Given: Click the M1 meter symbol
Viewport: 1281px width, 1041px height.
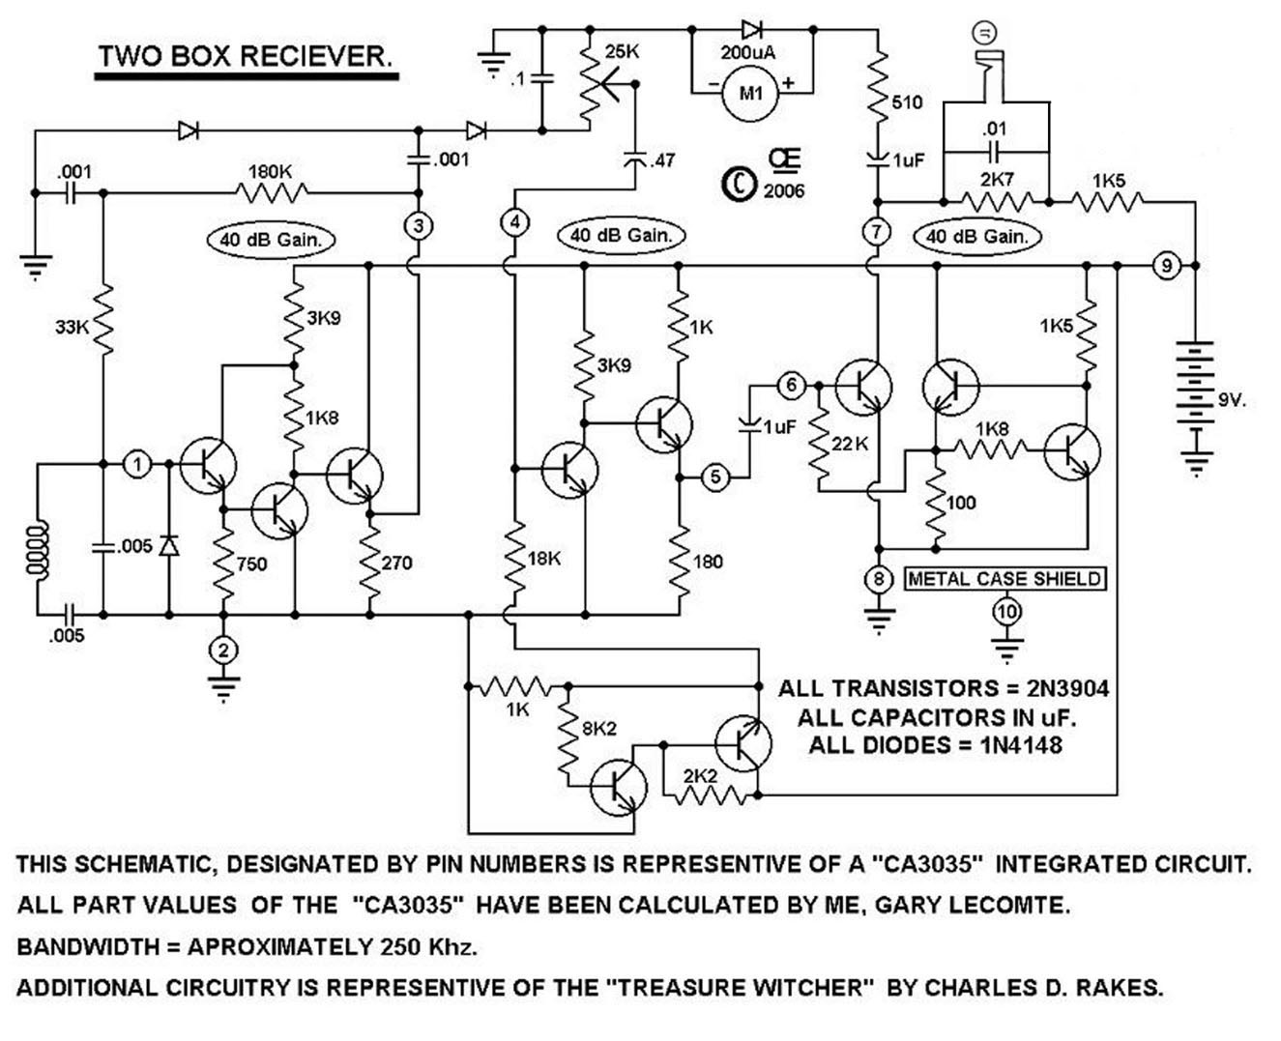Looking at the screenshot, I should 751,94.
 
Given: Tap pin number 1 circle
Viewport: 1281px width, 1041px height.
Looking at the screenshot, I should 137,465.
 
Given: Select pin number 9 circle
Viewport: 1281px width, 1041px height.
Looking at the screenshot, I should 1167,264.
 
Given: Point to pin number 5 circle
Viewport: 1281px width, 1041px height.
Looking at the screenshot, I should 715,477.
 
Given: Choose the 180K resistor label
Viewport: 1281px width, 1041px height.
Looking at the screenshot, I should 270,171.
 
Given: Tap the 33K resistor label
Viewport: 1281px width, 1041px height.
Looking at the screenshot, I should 71,327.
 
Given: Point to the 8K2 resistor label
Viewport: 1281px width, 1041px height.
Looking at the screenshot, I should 598,729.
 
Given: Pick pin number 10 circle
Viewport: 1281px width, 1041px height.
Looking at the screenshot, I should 1006,610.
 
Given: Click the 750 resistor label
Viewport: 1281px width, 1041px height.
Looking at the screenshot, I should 251,564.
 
